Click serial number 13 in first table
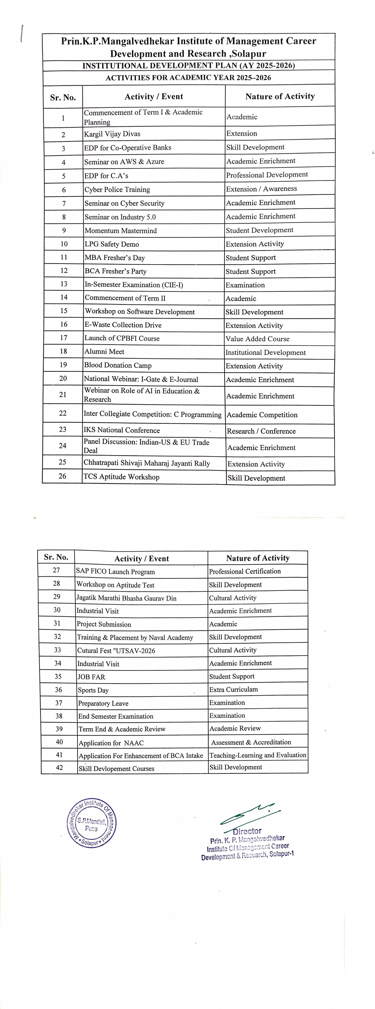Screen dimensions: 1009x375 (x=64, y=284)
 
